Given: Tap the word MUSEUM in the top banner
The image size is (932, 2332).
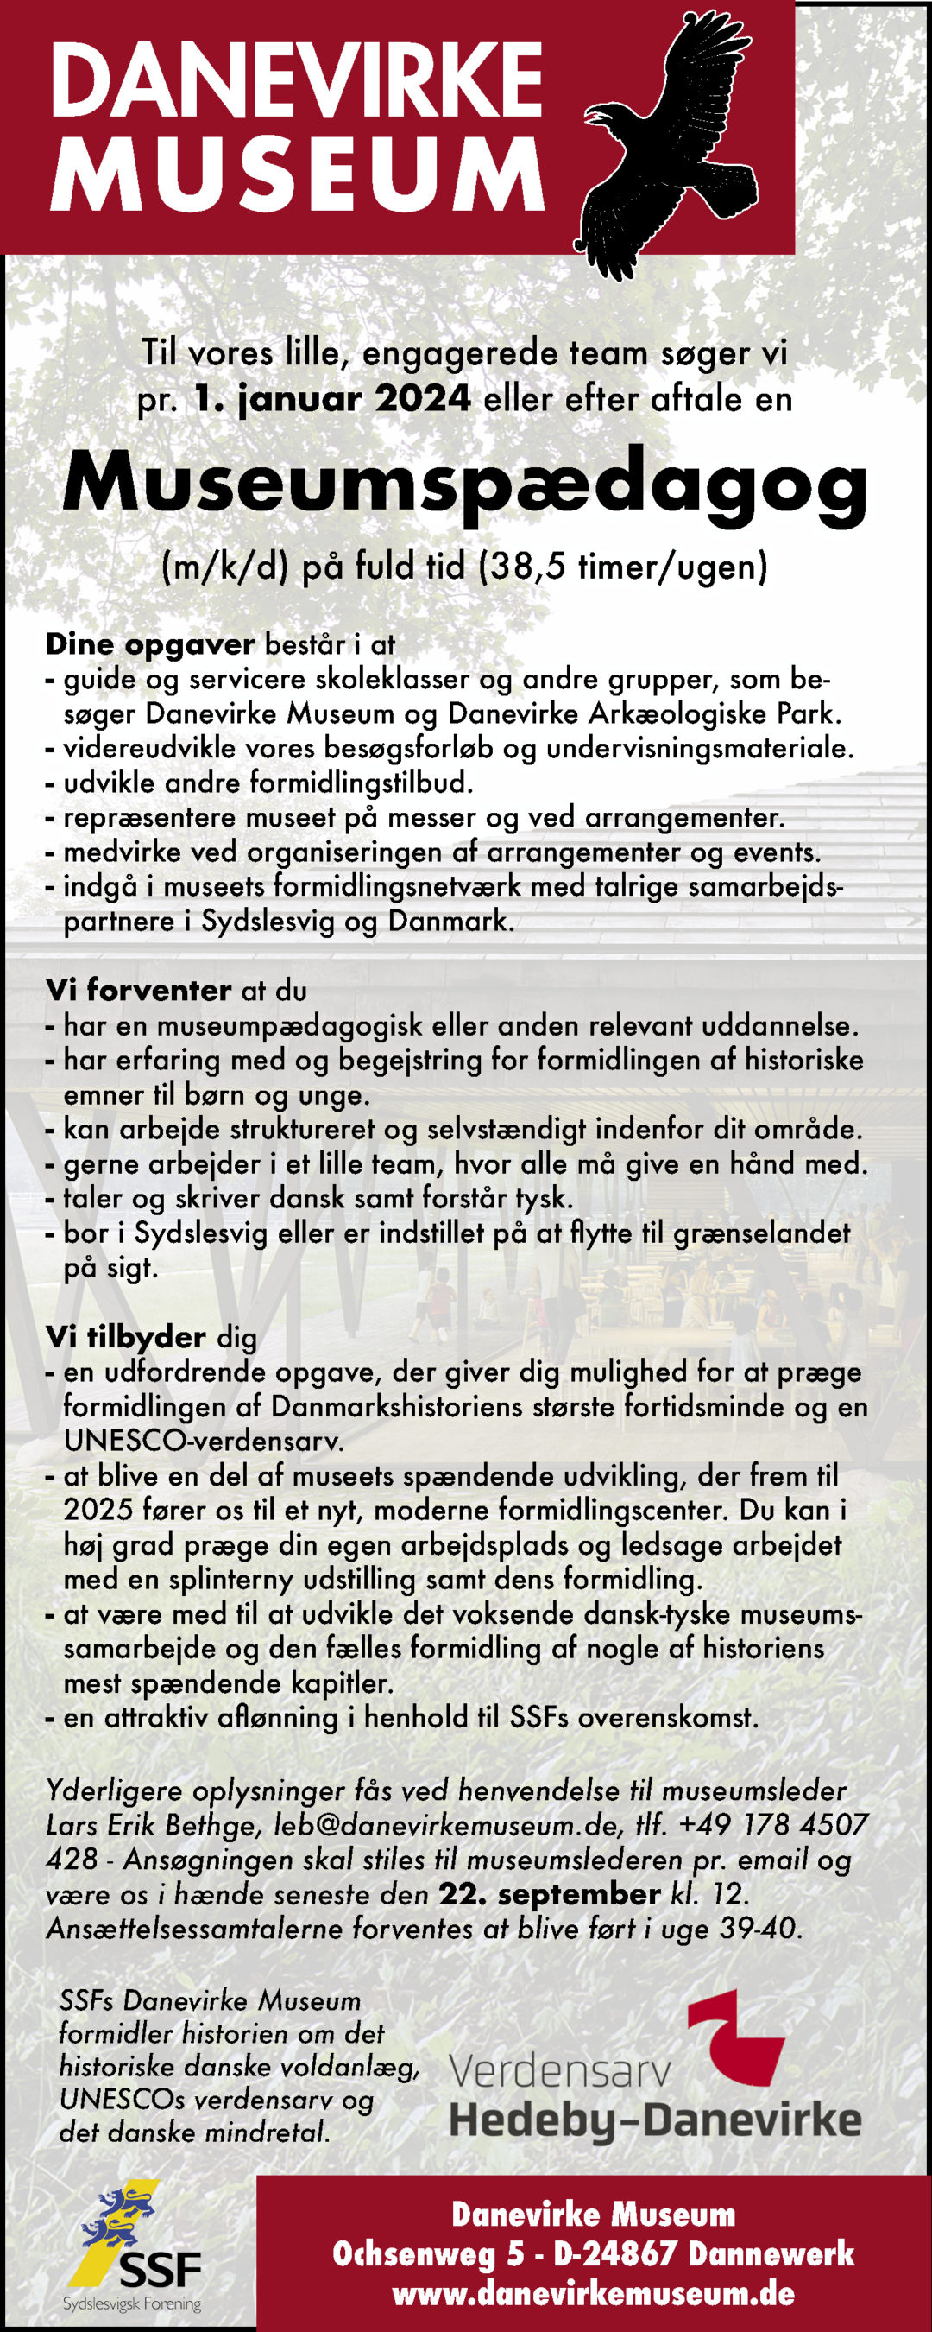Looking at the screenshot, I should point(296,174).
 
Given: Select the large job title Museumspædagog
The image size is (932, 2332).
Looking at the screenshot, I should point(465,484).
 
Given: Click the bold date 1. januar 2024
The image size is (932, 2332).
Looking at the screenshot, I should point(332,398).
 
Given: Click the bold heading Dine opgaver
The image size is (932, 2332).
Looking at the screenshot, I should point(150,644).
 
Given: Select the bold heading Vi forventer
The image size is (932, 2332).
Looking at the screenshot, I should point(138,991).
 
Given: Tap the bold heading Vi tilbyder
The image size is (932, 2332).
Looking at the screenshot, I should point(126,1337).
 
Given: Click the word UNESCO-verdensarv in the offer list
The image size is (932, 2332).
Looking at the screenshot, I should point(191,1441).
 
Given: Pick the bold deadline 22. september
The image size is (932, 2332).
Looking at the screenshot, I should point(549,1894).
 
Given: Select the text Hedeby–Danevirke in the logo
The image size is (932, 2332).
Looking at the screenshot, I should point(655,2120).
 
